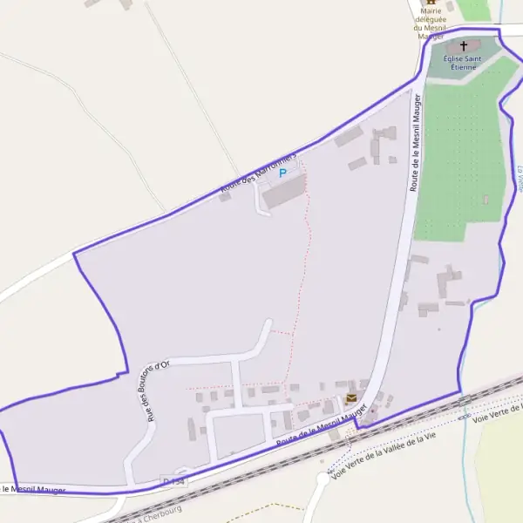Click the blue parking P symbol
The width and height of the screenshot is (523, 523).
click(282, 173)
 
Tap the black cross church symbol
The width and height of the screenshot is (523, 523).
click(463, 45)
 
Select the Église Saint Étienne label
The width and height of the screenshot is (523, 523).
click(459, 62)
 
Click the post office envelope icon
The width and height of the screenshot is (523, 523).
click(351, 397)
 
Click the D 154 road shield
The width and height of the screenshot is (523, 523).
click(173, 482)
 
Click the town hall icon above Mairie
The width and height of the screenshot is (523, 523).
click(429, 3)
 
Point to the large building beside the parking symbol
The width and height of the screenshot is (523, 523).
click(284, 194)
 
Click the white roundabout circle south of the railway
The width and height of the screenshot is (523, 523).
click(321, 479)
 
